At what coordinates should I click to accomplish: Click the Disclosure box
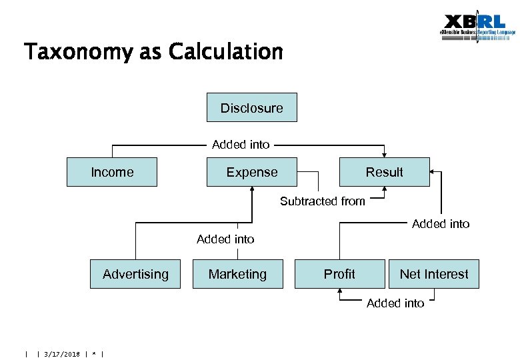click(251, 108)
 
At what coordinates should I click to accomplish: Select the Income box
click(112, 172)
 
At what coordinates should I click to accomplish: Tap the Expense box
click(252, 172)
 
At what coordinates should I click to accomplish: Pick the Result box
click(384, 172)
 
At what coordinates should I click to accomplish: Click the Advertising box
click(135, 274)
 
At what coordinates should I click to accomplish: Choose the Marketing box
click(237, 274)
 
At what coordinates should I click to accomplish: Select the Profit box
click(339, 274)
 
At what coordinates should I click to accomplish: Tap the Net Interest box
click(434, 274)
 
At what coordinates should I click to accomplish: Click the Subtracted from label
click(323, 201)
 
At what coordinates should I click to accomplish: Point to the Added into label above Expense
click(241, 144)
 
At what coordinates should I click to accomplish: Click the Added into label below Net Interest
click(395, 303)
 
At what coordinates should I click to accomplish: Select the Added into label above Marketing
click(225, 239)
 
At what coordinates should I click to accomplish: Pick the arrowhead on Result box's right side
click(431, 172)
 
